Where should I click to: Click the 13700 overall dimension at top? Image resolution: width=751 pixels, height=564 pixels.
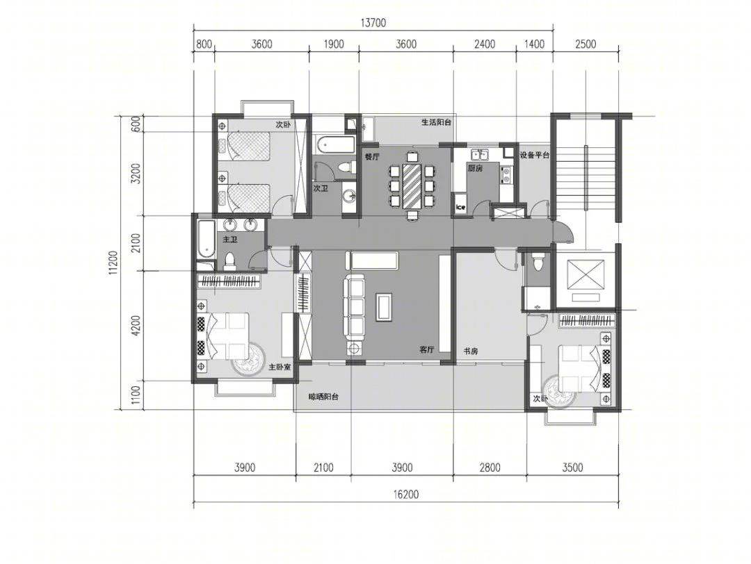[373, 22]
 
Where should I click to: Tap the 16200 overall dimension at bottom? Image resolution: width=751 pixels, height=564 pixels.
[405, 494]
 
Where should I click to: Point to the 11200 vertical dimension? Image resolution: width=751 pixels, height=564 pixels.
[113, 263]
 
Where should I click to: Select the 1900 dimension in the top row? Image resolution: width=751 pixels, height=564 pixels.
[334, 44]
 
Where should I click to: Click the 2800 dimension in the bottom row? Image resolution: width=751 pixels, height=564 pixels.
[490, 467]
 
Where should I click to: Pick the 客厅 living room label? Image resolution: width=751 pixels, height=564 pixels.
[427, 349]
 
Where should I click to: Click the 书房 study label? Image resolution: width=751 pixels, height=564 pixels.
[470, 351]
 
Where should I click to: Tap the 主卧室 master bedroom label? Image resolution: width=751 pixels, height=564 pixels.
[279, 367]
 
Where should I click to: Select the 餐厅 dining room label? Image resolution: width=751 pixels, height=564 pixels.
[372, 156]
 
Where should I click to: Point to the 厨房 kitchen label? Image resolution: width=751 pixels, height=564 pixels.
[475, 168]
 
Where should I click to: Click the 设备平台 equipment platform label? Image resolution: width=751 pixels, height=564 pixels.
[535, 155]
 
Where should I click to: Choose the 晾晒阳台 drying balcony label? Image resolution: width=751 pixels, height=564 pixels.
[323, 397]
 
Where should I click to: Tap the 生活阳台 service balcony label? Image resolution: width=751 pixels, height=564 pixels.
[436, 122]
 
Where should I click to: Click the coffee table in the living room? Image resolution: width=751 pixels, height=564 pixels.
[384, 306]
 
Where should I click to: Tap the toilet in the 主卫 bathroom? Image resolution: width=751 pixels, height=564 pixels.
[229, 262]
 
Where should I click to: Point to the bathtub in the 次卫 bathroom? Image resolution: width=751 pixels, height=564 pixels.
[334, 144]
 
